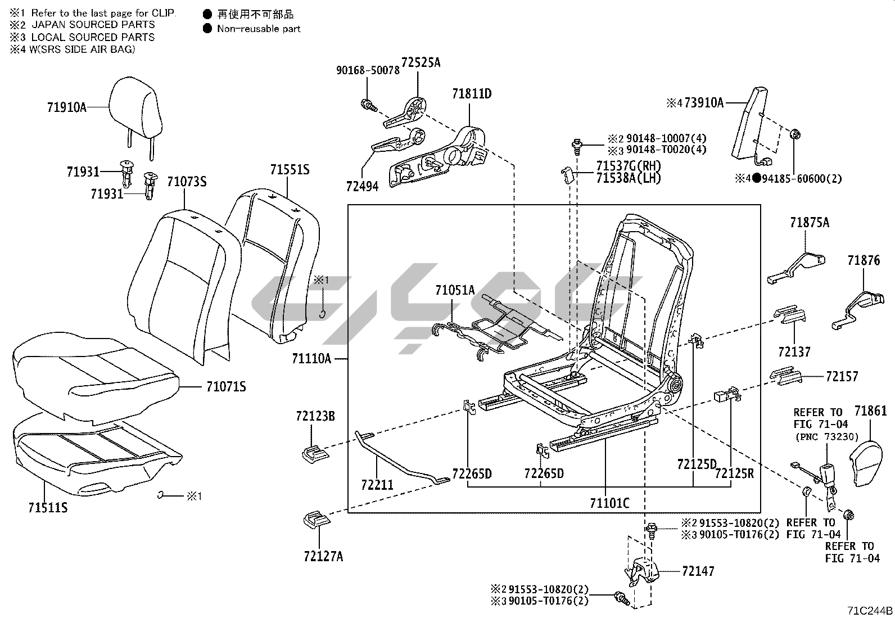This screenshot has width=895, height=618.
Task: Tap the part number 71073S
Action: coord(187,182)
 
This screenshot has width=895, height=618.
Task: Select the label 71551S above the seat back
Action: coord(290,170)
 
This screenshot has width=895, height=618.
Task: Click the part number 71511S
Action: coord(48,507)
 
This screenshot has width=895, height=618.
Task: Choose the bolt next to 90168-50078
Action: coord(368,104)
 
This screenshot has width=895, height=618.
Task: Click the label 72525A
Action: coord(421,62)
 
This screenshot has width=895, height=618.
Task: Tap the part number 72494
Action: coord(362,186)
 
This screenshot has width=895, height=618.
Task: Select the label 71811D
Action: coord(471,93)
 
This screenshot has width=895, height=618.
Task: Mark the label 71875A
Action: coord(809,223)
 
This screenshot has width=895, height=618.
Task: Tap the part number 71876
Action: coord(864,260)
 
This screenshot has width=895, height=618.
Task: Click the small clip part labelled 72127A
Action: coord(316,520)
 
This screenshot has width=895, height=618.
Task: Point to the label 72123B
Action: coord(315,417)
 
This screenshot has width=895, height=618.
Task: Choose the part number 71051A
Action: coord(454,291)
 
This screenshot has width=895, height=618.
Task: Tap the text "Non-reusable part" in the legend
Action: coord(259,29)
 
